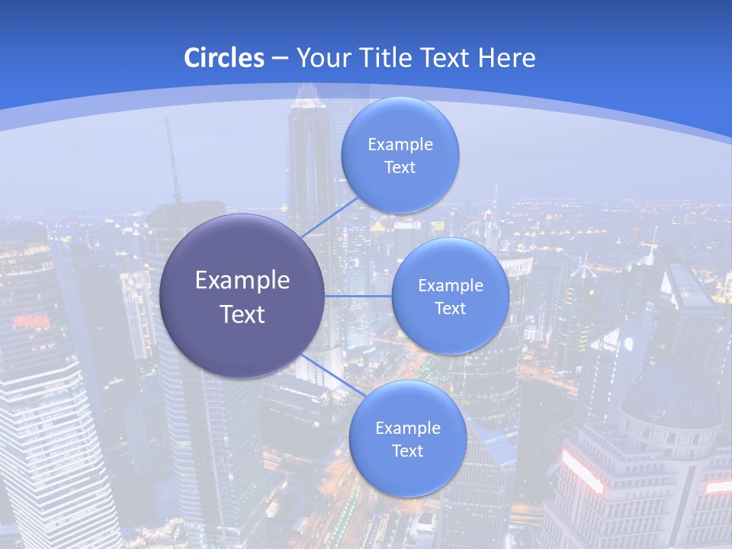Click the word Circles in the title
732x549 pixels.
(x=223, y=58)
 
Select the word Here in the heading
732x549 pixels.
(x=506, y=58)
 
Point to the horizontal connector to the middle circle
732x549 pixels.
(x=358, y=296)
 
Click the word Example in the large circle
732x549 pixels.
(x=242, y=281)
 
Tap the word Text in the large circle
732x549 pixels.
(x=242, y=314)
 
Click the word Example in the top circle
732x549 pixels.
(x=400, y=144)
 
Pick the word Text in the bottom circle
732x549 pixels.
(x=407, y=451)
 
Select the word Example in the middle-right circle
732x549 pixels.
(x=451, y=285)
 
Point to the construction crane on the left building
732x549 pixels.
(x=174, y=164)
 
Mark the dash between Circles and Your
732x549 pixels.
(x=279, y=58)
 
